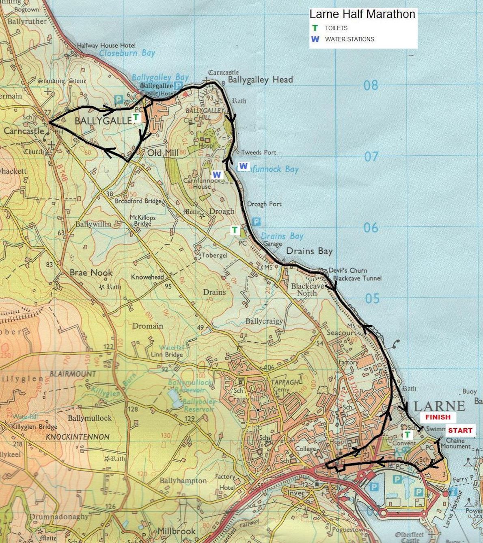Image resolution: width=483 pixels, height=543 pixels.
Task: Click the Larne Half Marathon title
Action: (362, 14)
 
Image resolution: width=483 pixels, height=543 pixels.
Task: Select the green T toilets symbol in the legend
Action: (315, 28)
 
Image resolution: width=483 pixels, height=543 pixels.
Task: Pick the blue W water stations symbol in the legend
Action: (315, 39)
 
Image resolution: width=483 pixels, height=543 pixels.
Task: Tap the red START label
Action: (460, 430)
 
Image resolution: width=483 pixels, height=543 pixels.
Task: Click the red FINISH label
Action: (438, 417)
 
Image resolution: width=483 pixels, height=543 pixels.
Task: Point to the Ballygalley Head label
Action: (260, 80)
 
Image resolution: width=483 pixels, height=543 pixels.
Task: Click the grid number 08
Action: (371, 85)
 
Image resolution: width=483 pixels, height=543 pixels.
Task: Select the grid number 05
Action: (372, 299)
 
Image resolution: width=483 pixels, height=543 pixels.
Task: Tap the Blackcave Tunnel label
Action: (357, 278)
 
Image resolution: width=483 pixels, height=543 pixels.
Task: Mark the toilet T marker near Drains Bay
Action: (235, 230)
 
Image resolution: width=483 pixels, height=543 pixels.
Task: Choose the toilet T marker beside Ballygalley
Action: (136, 118)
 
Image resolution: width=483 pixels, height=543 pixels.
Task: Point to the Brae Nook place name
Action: (91, 273)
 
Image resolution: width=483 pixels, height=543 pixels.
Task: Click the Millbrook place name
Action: (176, 531)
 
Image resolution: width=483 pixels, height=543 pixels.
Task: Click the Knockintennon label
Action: (78, 437)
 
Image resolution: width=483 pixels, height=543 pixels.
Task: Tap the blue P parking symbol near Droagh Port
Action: (256, 222)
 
